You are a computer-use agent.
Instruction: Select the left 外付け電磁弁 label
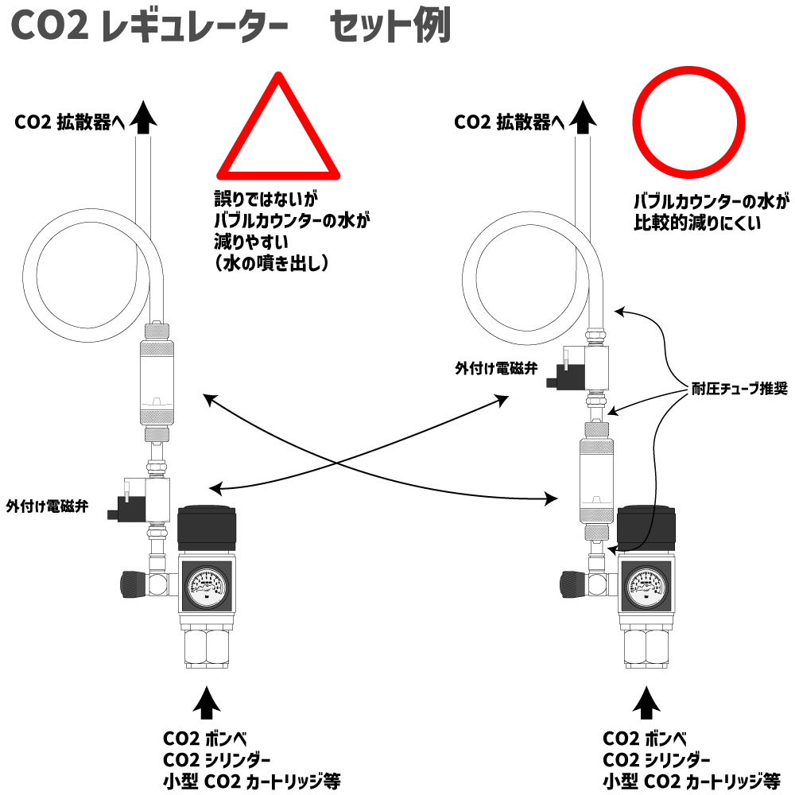pos(46,505)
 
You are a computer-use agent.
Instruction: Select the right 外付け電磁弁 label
pos(496,369)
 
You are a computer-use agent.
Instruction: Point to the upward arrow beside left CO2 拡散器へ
pos(144,117)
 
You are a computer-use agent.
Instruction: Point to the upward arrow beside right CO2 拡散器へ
pos(586,117)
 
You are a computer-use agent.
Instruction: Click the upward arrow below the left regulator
pos(207,703)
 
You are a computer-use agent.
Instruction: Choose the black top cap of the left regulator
pos(206,529)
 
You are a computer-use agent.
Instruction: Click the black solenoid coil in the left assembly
pos(127,506)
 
